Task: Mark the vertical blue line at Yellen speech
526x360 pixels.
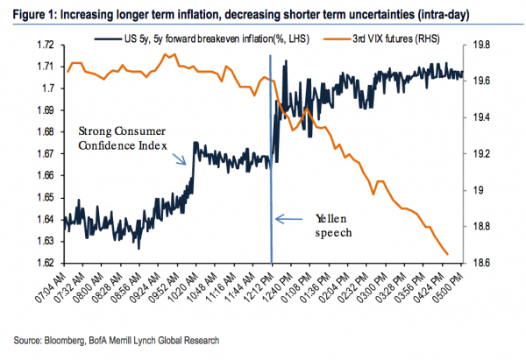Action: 271,175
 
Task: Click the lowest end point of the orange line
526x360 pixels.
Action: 448,255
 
